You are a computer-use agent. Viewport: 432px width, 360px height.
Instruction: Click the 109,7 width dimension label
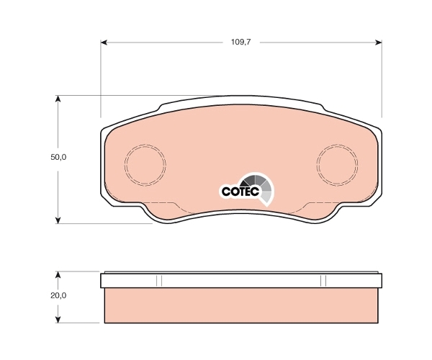point(240,42)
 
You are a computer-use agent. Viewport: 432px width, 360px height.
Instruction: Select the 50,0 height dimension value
point(58,157)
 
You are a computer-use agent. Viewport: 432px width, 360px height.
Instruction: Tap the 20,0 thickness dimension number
point(58,295)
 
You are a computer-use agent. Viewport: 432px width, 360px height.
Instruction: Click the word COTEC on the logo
point(240,192)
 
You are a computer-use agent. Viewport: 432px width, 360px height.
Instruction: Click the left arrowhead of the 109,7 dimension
point(104,42)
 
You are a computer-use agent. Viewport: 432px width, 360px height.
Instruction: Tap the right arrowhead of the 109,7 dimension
point(379,42)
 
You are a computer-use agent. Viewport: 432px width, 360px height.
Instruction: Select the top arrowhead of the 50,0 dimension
point(58,99)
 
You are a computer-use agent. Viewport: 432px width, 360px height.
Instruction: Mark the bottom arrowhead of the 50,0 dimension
point(58,220)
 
